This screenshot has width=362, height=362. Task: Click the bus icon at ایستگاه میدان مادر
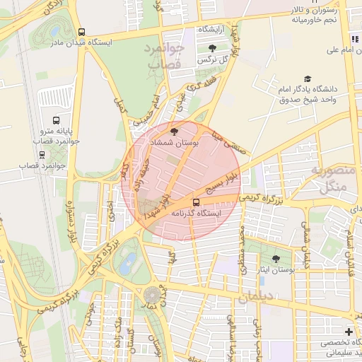(82, 33)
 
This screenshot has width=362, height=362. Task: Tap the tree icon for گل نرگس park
(212, 48)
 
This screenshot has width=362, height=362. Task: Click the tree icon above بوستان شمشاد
(175, 131)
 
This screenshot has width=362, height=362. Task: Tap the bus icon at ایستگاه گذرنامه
(196, 202)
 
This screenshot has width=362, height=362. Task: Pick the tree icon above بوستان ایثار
(276, 259)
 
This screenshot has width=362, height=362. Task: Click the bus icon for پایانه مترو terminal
(56, 119)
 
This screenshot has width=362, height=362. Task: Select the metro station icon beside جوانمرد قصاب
(42, 154)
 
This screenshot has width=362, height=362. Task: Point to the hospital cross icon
(349, 332)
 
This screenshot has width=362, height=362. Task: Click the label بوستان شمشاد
(175, 143)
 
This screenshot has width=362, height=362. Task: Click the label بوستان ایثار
(275, 271)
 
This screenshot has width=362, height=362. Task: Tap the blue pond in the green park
(128, 265)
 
